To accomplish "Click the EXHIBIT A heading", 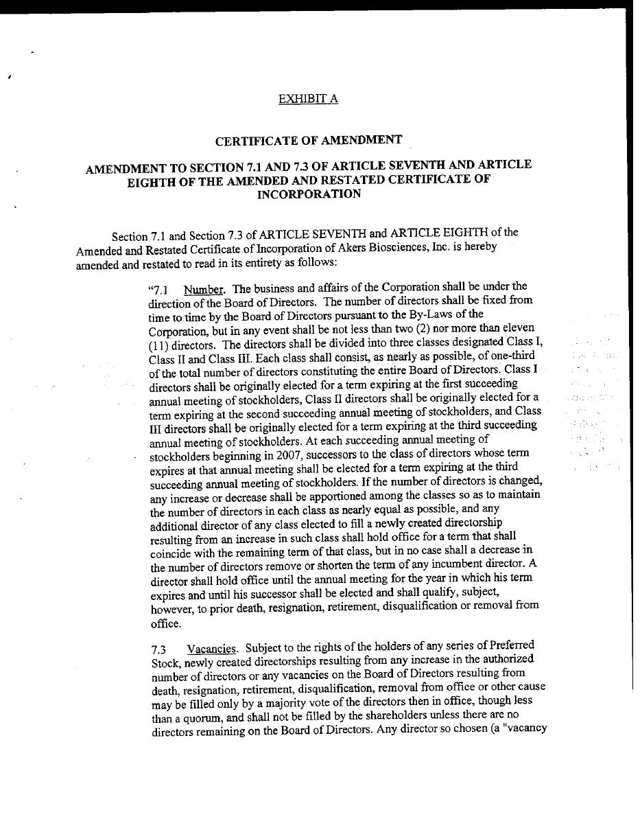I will (x=308, y=99).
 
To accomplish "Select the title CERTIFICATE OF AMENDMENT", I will (x=309, y=141).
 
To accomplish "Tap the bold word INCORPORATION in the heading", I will (x=309, y=194).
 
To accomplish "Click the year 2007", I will (x=253, y=454).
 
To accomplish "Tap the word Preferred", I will (x=509, y=645).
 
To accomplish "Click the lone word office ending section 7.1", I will (x=166, y=624).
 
